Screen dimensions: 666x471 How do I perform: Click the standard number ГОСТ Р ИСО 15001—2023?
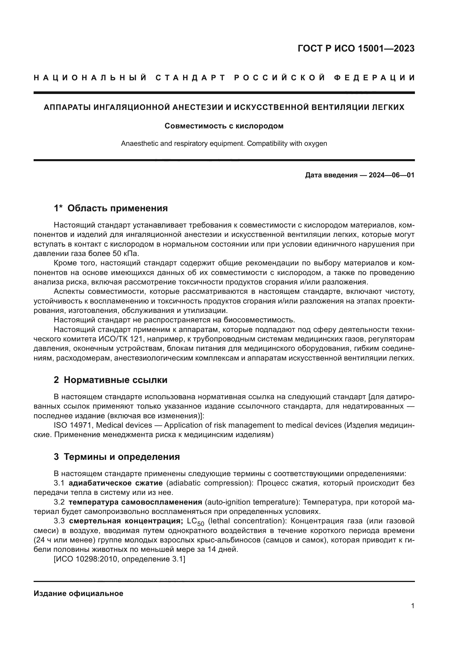pyautogui.click(x=356, y=48)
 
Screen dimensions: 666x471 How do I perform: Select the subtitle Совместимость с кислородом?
pyautogui.click(x=224, y=126)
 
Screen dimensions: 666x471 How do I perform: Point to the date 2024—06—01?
pyautogui.click(x=392, y=175)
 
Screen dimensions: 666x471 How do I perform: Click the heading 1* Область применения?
pyautogui.click(x=111, y=208)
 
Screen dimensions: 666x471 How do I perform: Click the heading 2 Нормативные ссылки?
pyautogui.click(x=110, y=380)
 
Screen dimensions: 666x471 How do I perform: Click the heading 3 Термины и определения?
pyautogui.click(x=116, y=457)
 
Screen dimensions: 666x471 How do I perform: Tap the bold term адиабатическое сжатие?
pyautogui.click(x=115, y=483)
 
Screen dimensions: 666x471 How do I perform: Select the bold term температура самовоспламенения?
pyautogui.click(x=135, y=502)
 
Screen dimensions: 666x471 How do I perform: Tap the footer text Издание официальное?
pyautogui.click(x=78, y=593)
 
